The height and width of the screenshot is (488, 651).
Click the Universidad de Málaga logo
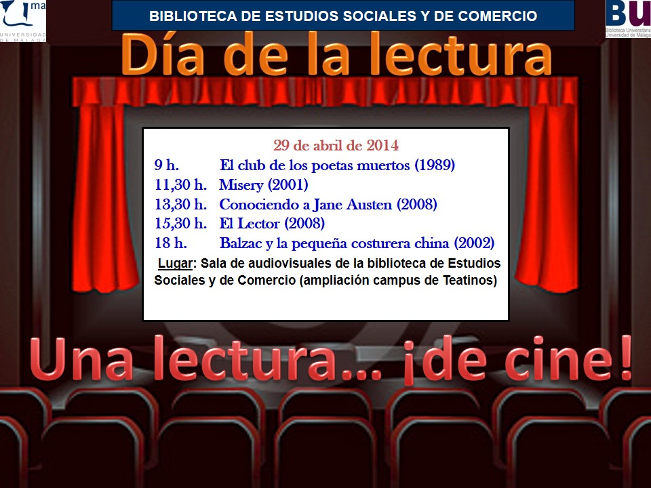(23, 21)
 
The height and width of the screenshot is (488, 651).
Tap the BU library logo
(628, 19)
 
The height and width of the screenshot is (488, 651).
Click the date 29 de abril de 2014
(336, 146)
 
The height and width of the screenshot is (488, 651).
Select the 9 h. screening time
(167, 165)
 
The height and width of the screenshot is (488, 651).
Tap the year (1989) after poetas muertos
(435, 165)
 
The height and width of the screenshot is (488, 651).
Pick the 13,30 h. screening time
(180, 204)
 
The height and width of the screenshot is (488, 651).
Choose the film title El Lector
(249, 223)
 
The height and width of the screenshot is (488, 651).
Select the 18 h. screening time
(171, 243)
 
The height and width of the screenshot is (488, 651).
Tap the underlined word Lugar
(175, 264)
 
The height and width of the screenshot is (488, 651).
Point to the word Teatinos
(469, 280)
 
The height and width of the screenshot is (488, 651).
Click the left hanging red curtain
(104, 197)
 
